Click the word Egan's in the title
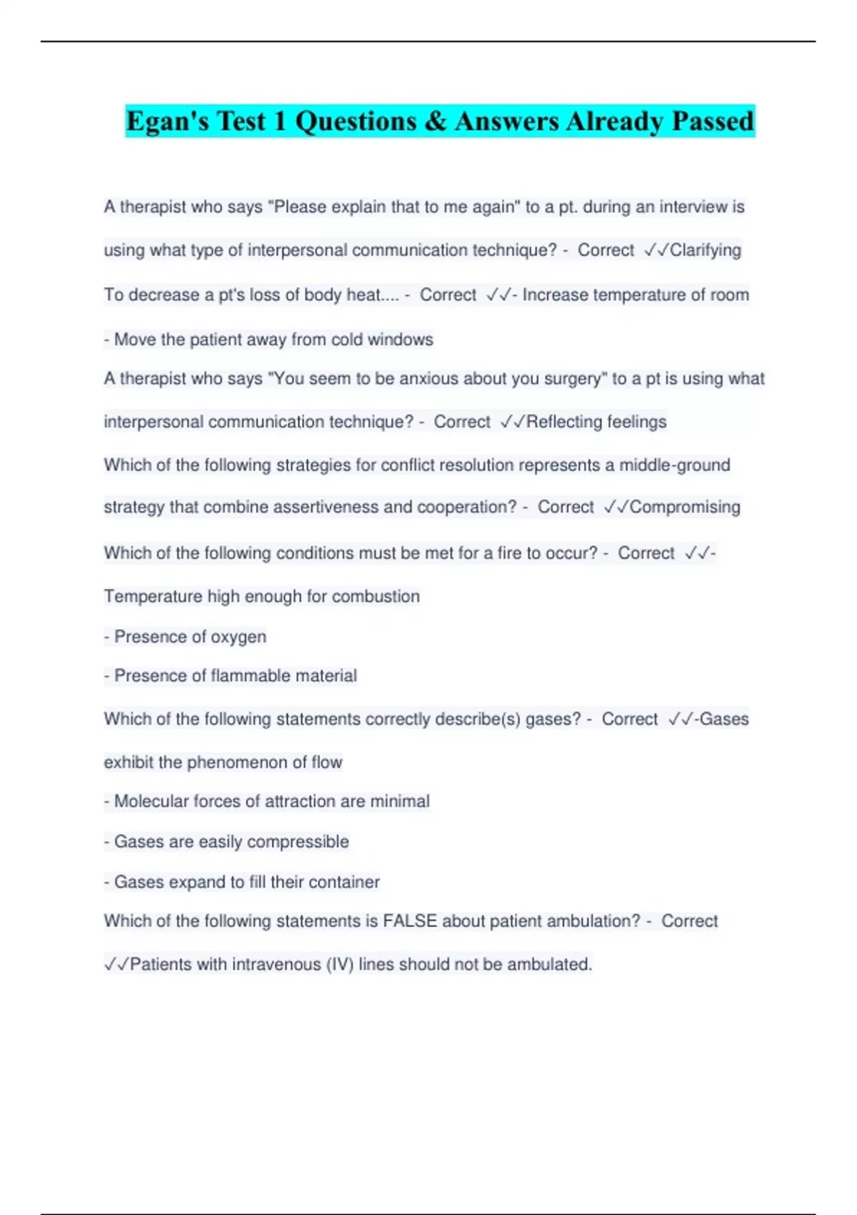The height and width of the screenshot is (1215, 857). [167, 121]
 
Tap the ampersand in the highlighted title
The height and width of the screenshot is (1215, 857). [435, 121]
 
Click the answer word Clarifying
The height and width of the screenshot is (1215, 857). [706, 250]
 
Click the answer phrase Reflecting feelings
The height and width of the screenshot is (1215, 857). [596, 422]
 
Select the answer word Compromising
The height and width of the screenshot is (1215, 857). [685, 507]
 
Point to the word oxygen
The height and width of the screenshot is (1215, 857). [238, 637]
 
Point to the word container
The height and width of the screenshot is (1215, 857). [344, 882]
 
